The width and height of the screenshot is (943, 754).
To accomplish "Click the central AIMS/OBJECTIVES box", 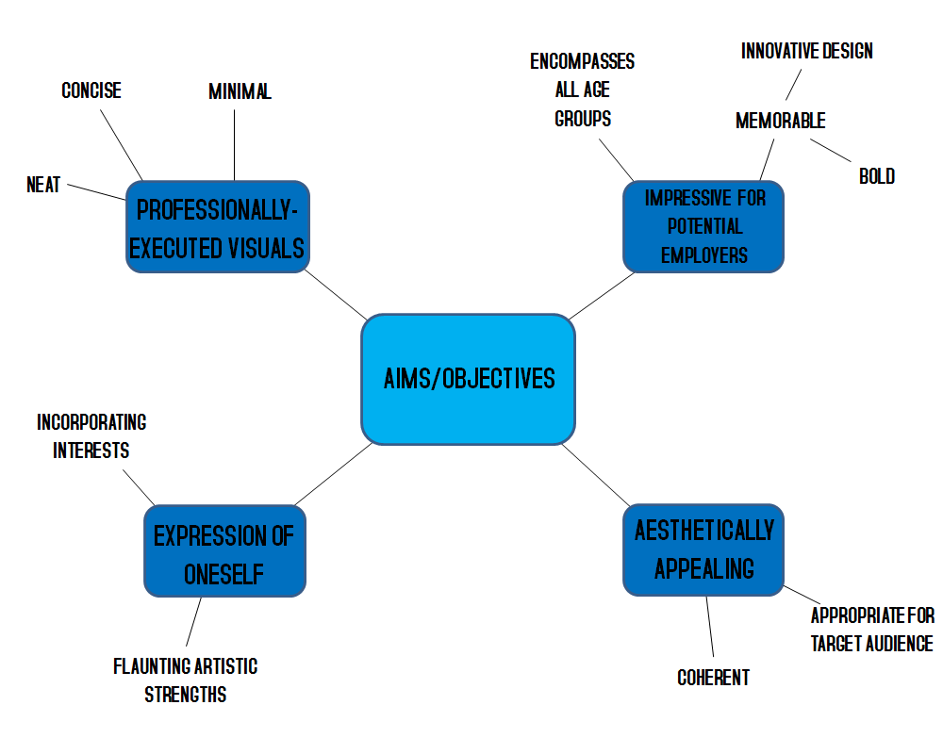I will pos(468,379).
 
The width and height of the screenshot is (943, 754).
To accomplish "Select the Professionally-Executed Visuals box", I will pos(217,227).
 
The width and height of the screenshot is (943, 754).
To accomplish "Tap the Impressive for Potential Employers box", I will pos(703,226).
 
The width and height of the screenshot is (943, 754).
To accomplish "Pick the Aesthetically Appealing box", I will pos(703,549).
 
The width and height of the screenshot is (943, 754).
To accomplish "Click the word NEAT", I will pos(43,185).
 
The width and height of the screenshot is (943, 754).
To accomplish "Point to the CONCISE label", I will pos(91,90).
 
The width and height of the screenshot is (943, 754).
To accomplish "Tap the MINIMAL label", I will pos(240,91).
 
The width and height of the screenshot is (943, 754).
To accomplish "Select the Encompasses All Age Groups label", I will pos(582,90).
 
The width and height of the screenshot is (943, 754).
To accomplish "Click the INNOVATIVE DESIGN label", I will pos(807,51).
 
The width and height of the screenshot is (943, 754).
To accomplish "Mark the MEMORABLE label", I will pos(780,121).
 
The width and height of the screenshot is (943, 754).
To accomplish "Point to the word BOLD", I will pos(876,176).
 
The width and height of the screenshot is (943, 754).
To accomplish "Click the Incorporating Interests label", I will pos(91,436).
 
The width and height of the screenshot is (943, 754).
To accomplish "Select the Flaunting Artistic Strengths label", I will pos(185,680).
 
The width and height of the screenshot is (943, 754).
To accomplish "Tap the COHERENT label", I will pos(713,678).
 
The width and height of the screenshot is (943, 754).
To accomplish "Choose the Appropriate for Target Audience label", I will pos(872,630).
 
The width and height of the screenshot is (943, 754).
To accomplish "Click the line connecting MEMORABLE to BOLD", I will pos(831,150).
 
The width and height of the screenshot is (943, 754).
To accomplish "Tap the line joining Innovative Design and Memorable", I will pos(793,83).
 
